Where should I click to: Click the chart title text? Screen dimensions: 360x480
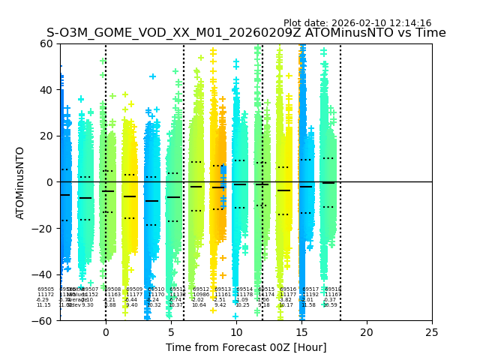[x=246, y=33]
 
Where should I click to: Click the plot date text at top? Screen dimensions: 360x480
[x=357, y=23]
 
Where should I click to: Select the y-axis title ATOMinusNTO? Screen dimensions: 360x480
[x=21, y=182]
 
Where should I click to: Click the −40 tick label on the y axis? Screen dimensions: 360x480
[x=43, y=274]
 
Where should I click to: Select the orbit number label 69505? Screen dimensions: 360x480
[x=46, y=289]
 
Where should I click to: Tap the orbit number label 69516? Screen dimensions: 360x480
[x=288, y=289]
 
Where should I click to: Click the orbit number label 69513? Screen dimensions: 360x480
[x=223, y=289]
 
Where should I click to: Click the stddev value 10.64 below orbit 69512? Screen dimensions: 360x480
[x=199, y=305]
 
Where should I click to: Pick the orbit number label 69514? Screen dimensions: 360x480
[x=244, y=289]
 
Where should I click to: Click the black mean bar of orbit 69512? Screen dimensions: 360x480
[x=196, y=187]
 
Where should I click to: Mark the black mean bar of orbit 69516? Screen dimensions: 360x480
[x=283, y=190]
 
